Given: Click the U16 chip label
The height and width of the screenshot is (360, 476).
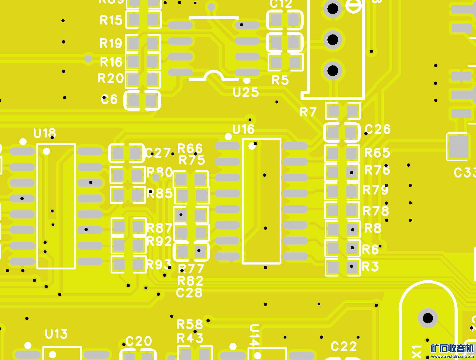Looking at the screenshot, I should [x=244, y=129].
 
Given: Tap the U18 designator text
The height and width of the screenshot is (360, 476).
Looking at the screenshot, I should [x=45, y=134].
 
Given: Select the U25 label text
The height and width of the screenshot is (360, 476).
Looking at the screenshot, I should [x=246, y=92].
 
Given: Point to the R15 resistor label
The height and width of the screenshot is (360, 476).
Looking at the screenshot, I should [x=111, y=20].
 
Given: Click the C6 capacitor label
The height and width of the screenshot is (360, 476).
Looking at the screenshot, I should [x=109, y=100].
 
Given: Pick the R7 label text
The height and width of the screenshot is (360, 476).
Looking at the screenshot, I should [x=308, y=112].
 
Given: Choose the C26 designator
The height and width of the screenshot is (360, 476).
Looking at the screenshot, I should [x=378, y=129].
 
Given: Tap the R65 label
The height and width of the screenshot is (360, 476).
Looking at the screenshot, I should [x=377, y=153].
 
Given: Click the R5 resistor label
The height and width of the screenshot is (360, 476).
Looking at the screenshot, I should [x=280, y=80].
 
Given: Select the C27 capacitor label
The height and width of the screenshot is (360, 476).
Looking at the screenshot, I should [x=158, y=153].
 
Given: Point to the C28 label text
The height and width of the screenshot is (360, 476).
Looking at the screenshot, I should [x=189, y=293].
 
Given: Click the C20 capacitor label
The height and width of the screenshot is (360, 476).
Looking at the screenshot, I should [x=139, y=342].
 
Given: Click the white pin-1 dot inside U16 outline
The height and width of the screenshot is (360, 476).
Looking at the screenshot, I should [x=252, y=146].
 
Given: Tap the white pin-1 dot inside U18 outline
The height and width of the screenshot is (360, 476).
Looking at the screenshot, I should [x=47, y=151].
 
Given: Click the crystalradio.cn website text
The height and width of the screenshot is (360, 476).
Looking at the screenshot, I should [x=452, y=356].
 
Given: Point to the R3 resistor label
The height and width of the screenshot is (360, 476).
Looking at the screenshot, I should [x=370, y=267].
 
